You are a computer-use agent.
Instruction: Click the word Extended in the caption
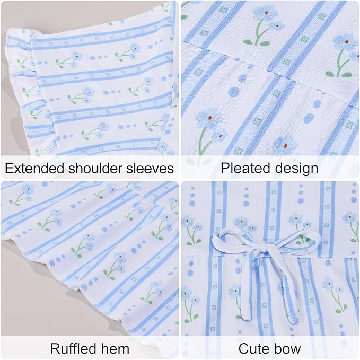coord(34,168)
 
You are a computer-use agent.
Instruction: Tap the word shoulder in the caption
coord(95,168)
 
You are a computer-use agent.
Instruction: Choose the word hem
coord(115,348)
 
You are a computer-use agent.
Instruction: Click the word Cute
coord(253,349)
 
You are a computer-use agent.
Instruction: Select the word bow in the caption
coord(287,348)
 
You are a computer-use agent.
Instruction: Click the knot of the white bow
coord(266,249)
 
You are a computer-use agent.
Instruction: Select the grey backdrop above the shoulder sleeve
coord(69,14)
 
